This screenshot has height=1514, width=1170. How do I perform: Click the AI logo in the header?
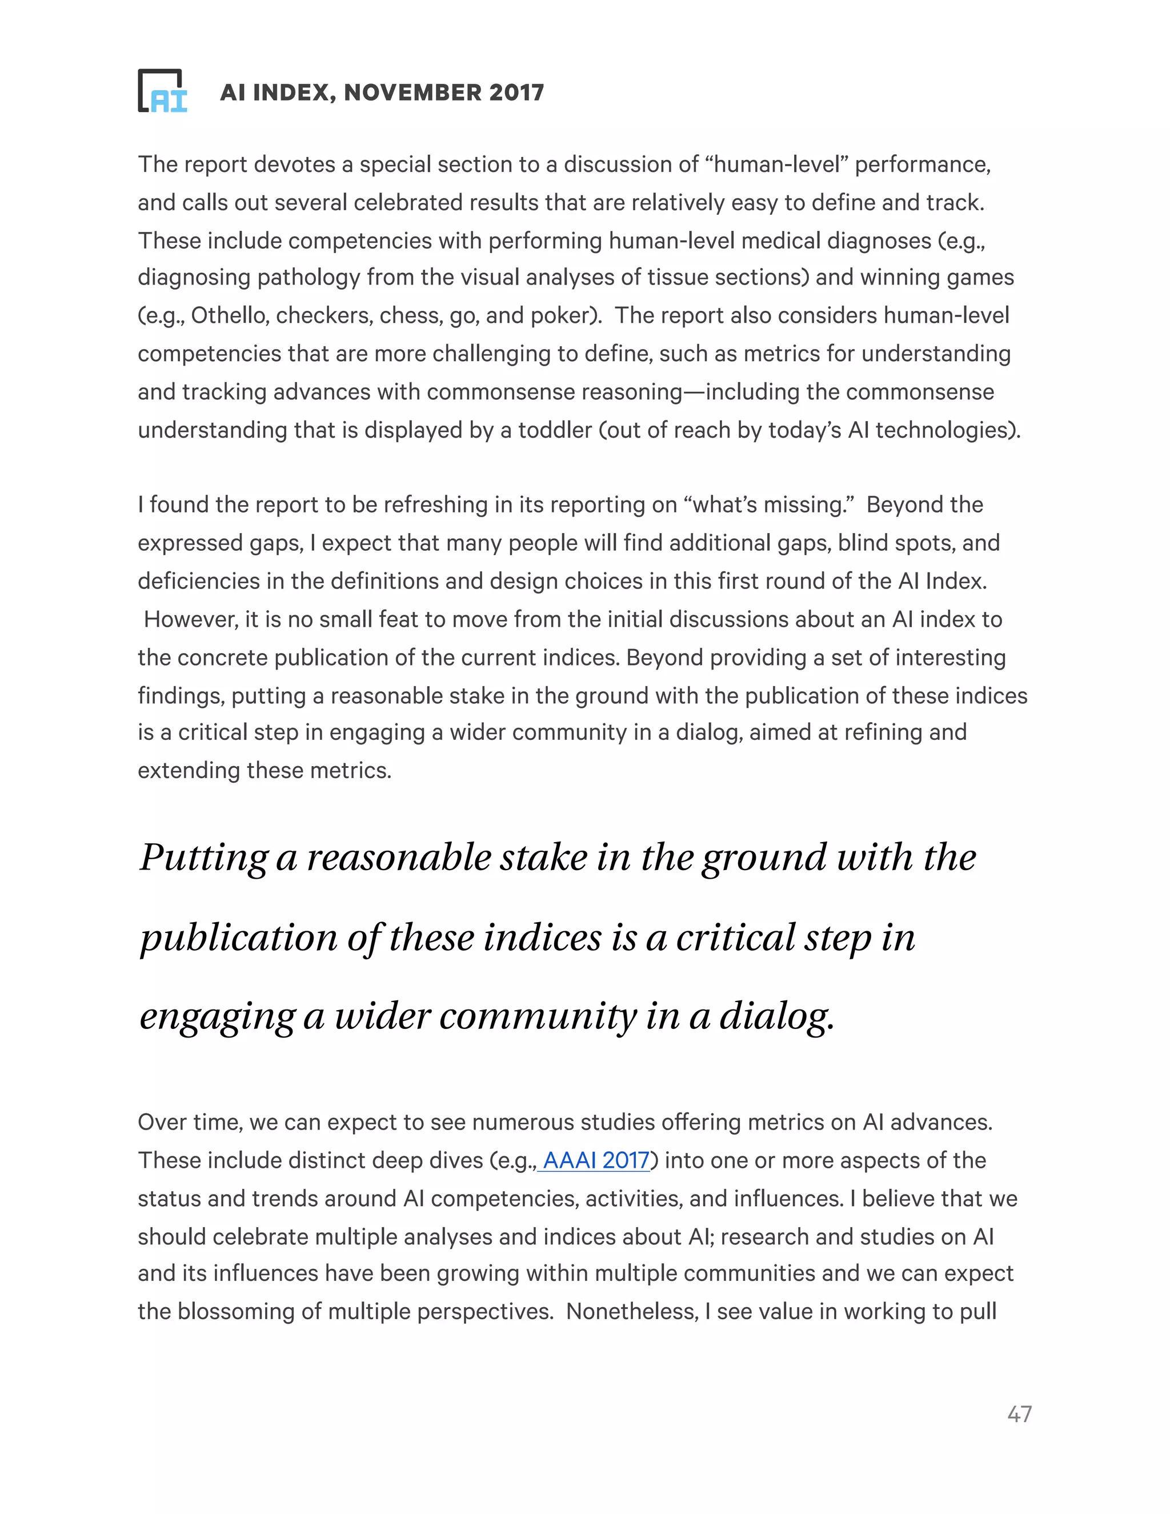(163, 91)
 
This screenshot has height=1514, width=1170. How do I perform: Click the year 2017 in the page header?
(516, 92)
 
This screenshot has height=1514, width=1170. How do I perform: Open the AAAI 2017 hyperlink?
(596, 1160)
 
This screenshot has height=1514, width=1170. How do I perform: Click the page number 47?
(1019, 1414)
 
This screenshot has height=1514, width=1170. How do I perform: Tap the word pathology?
(308, 277)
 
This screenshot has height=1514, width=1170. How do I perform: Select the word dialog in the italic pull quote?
(776, 1016)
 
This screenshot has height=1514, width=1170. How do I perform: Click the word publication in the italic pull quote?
(238, 938)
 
